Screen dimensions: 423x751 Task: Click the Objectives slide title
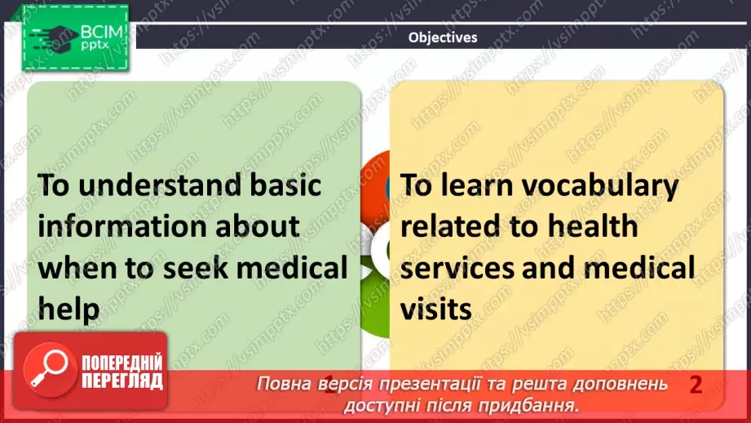tap(443, 37)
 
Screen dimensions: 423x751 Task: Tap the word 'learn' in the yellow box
tap(478, 185)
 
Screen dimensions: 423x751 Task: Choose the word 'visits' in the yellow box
tap(436, 309)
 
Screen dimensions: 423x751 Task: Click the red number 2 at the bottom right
tap(696, 385)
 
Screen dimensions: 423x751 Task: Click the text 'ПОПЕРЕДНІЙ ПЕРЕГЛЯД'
tap(122, 372)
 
